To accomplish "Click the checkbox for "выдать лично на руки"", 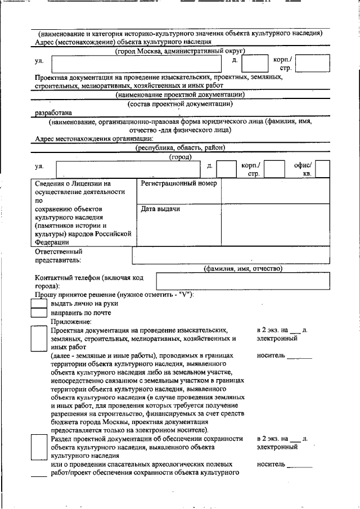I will [x=38, y=303].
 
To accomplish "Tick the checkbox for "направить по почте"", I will [x=38, y=312].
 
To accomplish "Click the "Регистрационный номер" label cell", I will [x=179, y=191].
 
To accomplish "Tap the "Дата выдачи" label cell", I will [x=179, y=224].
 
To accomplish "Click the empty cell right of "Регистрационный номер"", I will [x=275, y=191].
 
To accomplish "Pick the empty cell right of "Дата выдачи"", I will [x=275, y=224].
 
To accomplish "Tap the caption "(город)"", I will [x=180, y=157].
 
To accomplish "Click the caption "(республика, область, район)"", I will [x=180, y=147].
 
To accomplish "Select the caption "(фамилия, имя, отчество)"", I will [x=242, y=268].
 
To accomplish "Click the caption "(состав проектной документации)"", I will [x=180, y=103].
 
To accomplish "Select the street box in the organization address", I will [x=128, y=169].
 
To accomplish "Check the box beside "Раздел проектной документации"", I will [x=38, y=448].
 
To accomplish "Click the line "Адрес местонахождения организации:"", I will [x=93, y=138].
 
